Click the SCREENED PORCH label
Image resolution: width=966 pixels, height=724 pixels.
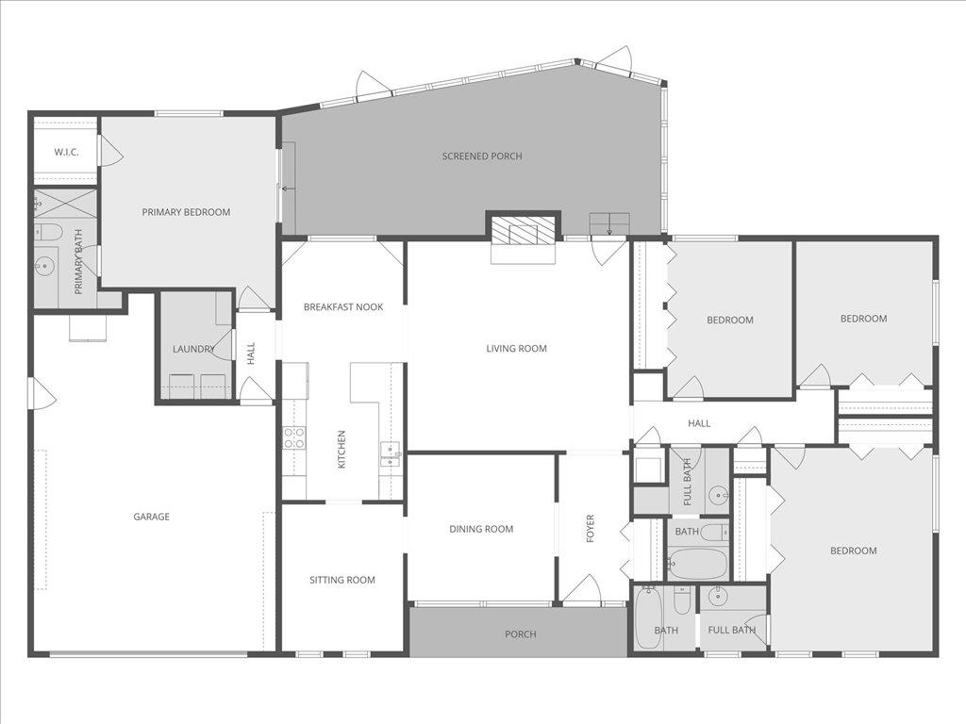click(482, 156)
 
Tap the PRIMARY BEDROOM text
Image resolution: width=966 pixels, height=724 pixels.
click(186, 212)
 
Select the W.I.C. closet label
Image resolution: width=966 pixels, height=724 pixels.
click(66, 152)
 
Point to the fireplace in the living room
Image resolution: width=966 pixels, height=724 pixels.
click(524, 231)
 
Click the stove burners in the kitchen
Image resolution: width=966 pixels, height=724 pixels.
click(294, 437)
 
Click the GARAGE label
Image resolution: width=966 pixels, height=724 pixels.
click(151, 517)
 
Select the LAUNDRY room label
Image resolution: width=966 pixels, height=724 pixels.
click(193, 349)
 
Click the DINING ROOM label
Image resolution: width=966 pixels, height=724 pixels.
click(481, 529)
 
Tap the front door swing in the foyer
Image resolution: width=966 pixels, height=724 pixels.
click(582, 589)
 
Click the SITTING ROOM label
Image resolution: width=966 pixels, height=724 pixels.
click(342, 580)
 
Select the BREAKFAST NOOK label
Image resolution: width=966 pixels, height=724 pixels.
click(343, 306)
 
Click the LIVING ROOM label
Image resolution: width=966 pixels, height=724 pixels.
click(516, 349)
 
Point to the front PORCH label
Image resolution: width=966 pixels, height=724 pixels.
click(520, 634)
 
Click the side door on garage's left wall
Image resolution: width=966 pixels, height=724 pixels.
click(42, 394)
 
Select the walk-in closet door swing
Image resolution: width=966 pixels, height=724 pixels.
click(109, 151)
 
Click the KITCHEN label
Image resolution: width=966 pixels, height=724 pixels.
click(341, 449)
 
